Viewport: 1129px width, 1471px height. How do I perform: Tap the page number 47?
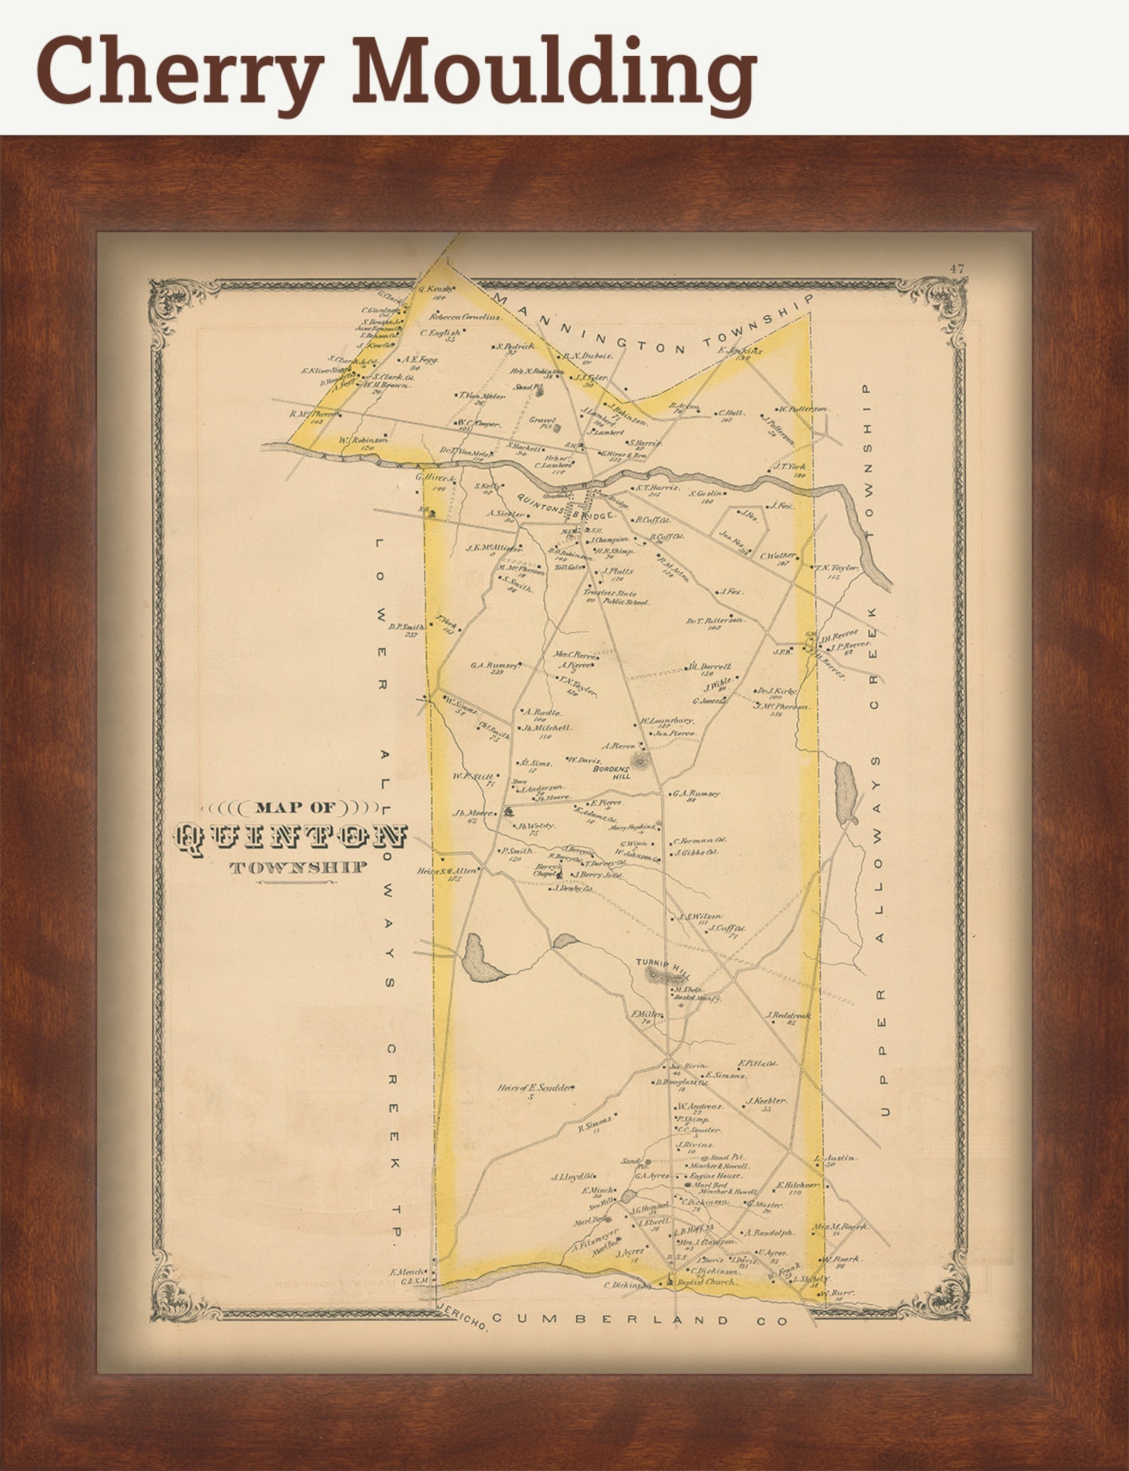click(x=956, y=269)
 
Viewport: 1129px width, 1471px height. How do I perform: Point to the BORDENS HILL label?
click(x=612, y=773)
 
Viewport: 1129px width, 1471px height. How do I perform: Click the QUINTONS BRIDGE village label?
click(x=566, y=511)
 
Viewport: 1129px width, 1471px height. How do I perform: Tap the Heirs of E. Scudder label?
click(x=535, y=1088)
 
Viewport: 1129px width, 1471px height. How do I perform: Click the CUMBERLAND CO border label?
click(x=640, y=1321)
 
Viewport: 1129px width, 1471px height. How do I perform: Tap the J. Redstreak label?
click(x=788, y=1016)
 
